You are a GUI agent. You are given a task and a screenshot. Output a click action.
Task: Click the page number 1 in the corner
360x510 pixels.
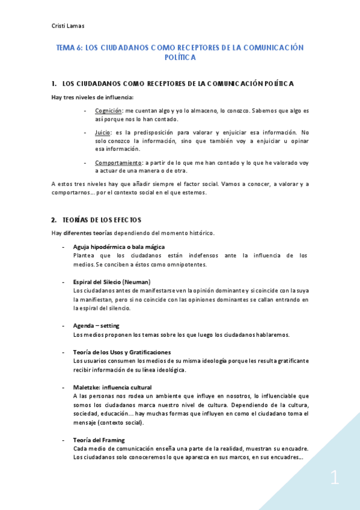point(335,479)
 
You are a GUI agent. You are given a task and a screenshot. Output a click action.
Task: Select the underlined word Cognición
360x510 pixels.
point(108,111)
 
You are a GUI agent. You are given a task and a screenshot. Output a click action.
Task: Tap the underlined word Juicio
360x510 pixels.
point(102,132)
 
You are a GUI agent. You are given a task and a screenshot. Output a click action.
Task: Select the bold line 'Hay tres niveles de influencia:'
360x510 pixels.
point(92,97)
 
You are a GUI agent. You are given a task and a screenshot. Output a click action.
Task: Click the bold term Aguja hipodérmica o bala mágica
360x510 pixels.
point(118,247)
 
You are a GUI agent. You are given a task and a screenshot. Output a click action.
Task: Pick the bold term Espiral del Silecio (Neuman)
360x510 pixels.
point(111,282)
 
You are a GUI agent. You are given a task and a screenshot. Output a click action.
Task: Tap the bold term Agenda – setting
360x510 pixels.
point(96,325)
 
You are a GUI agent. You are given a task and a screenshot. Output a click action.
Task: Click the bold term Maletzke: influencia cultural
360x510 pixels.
point(112,387)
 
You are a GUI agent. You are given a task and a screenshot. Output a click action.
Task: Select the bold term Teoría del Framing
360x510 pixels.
point(99,440)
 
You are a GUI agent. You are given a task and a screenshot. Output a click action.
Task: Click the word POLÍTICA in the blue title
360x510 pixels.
point(180,58)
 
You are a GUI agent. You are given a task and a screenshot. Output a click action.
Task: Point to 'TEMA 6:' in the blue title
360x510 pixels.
point(69,47)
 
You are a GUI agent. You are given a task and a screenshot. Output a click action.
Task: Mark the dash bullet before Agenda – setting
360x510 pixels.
point(64,325)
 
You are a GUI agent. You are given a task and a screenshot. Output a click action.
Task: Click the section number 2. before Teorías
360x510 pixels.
point(53,220)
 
